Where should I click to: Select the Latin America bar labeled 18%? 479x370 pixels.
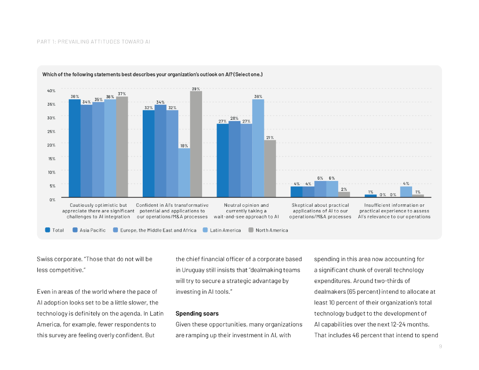click(184, 173)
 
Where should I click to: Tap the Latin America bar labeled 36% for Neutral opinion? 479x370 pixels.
click(258, 148)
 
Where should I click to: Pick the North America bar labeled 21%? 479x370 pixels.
click(270, 168)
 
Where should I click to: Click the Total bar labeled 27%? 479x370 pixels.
click(223, 160)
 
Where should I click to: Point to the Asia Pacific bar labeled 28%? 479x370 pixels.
click(234, 159)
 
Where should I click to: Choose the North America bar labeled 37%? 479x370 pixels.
click(122, 147)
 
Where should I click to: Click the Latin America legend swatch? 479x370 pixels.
click(205, 230)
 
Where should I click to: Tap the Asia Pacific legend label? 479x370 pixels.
click(93, 230)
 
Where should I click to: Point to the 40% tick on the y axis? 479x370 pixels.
click(51, 90)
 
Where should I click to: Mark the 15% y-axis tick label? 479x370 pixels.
click(51, 159)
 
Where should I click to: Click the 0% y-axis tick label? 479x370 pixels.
click(52, 199)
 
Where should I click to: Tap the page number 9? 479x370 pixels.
click(440, 347)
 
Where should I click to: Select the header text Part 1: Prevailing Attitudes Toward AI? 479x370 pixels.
click(94, 42)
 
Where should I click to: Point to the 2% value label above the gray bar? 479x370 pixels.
click(344, 189)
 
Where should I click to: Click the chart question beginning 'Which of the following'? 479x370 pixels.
click(152, 74)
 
